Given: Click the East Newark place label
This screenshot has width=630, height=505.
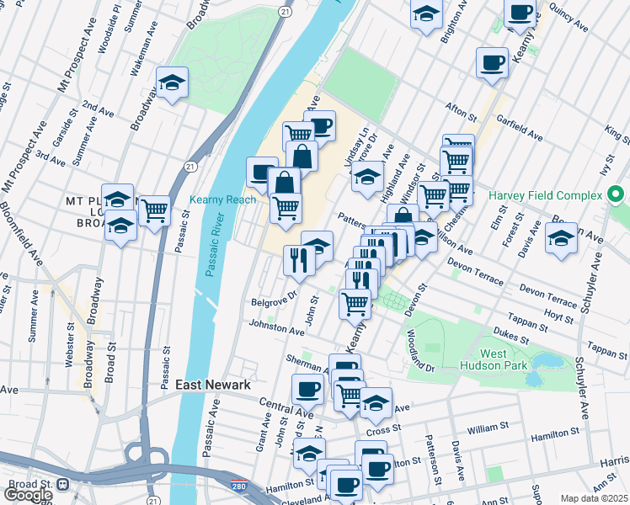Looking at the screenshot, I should click(x=213, y=385).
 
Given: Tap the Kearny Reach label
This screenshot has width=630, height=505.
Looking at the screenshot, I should click(x=222, y=199).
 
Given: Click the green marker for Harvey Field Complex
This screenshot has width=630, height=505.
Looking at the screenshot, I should click(x=617, y=195).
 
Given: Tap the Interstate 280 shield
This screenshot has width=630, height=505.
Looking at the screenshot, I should click(x=239, y=486).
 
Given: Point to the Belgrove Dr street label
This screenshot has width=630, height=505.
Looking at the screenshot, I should click(x=275, y=297).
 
